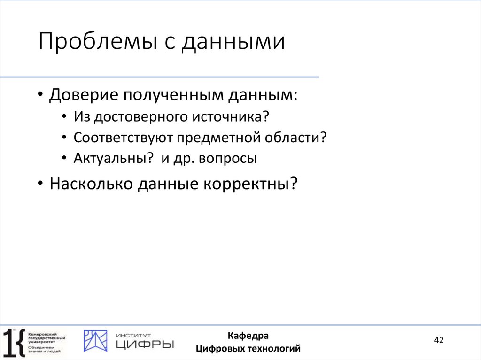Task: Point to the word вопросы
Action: (x=228, y=159)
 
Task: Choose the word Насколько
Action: (x=90, y=184)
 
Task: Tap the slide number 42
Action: (x=439, y=340)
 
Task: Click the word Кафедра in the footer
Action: (x=248, y=336)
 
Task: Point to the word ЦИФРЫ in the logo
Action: (x=145, y=345)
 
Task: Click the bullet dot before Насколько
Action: (x=41, y=184)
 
